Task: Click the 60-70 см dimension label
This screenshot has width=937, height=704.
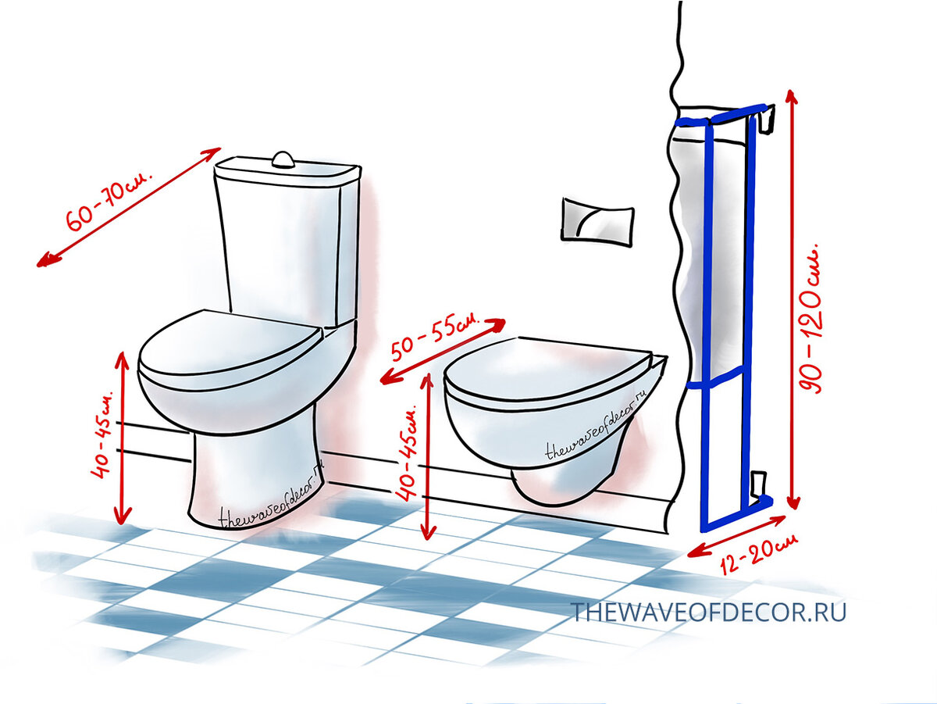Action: [110, 202]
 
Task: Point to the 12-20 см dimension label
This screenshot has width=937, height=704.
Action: [757, 553]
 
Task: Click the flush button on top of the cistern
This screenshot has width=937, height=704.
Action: [282, 159]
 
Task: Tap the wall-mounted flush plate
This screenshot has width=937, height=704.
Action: [597, 221]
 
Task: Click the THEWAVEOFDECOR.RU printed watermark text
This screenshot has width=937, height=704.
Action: [709, 612]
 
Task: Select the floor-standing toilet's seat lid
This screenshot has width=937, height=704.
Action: [230, 350]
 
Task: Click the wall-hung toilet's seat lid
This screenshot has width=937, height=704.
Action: [549, 372]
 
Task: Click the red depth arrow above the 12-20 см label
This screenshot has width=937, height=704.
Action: [736, 537]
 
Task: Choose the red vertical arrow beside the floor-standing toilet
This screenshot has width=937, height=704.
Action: [123, 438]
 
